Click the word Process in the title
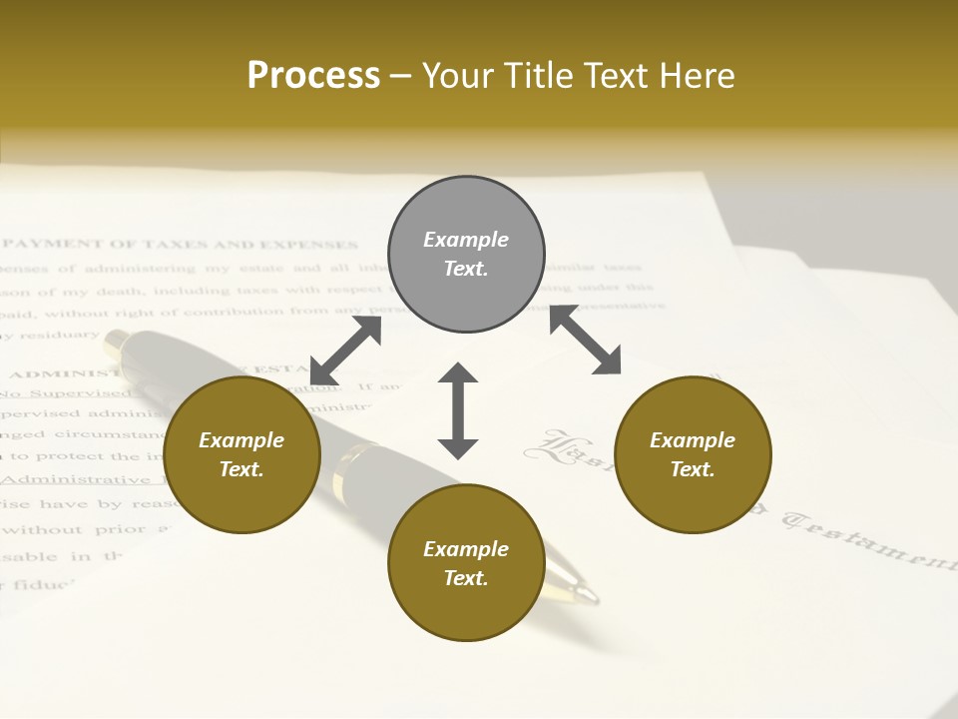(x=313, y=76)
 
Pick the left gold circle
(x=241, y=454)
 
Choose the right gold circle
(x=693, y=454)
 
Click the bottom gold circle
(x=466, y=563)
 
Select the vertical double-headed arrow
(x=458, y=410)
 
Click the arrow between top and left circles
(x=345, y=350)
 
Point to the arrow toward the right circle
(x=585, y=341)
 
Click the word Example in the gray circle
(x=466, y=240)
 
